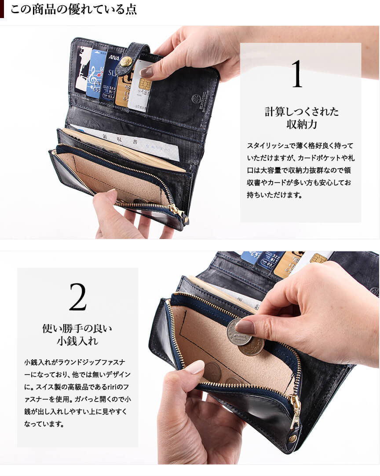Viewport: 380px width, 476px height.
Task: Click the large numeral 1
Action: [x=297, y=74]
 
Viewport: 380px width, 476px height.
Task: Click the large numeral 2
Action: [x=78, y=297]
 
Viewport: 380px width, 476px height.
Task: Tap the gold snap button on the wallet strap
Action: [x=125, y=62]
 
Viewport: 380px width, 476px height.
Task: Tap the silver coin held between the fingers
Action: [x=239, y=332]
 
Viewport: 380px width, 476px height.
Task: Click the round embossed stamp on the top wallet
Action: [x=196, y=98]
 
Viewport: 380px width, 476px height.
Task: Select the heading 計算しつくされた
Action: [x=301, y=112]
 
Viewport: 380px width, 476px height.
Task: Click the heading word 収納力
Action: [x=301, y=124]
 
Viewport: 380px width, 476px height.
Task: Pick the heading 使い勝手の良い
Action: [x=77, y=328]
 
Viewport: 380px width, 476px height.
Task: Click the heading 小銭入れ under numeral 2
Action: [x=77, y=341]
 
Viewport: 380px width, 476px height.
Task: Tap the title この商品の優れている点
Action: [x=73, y=9]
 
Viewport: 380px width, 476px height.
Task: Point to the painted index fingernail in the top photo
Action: [x=146, y=72]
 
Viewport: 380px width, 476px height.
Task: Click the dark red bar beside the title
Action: [x=2, y=9]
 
